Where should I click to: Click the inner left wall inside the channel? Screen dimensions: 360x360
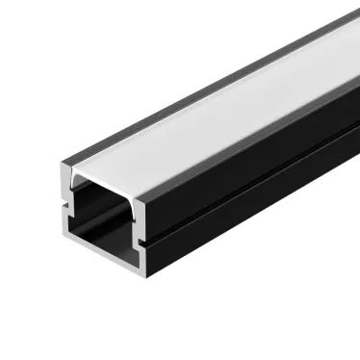tap(79, 217)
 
